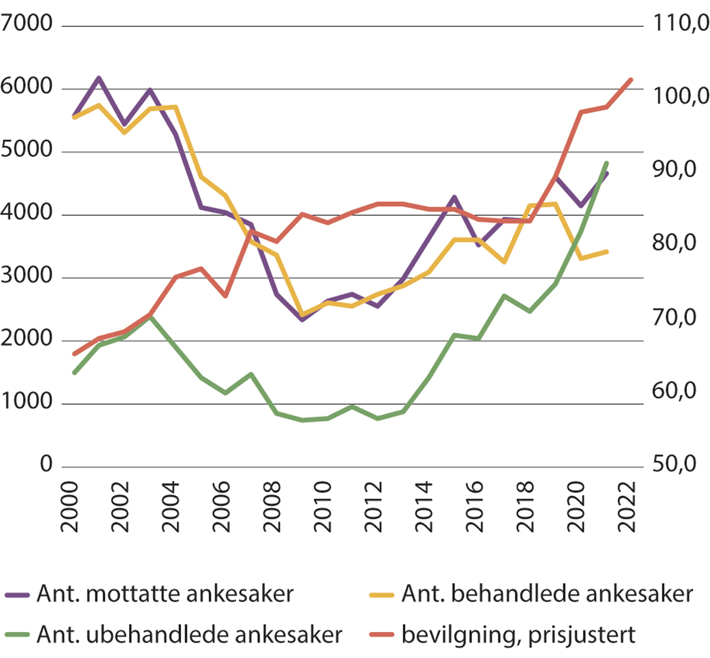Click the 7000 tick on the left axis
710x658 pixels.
pyautogui.click(x=27, y=24)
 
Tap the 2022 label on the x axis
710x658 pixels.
pyautogui.click(x=626, y=506)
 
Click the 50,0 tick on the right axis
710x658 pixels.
pyautogui.click(x=674, y=464)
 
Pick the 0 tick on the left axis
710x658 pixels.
pyautogui.click(x=46, y=464)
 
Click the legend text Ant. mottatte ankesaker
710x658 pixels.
pyautogui.click(x=164, y=593)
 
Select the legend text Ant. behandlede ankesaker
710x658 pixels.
pyautogui.click(x=547, y=593)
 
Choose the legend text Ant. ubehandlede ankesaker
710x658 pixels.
pyautogui.click(x=189, y=634)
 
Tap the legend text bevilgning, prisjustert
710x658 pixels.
pyautogui.click(x=518, y=634)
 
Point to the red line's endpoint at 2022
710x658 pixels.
pyautogui.click(x=631, y=80)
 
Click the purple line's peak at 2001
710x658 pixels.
pyautogui.click(x=99, y=78)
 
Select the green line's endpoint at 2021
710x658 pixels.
pyautogui.click(x=606, y=163)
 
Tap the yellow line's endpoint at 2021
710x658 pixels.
pyautogui.click(x=607, y=252)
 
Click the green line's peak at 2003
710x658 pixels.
pyautogui.click(x=150, y=317)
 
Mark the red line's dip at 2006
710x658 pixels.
pyautogui.click(x=225, y=296)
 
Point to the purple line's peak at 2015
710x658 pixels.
pyautogui.click(x=453, y=197)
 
